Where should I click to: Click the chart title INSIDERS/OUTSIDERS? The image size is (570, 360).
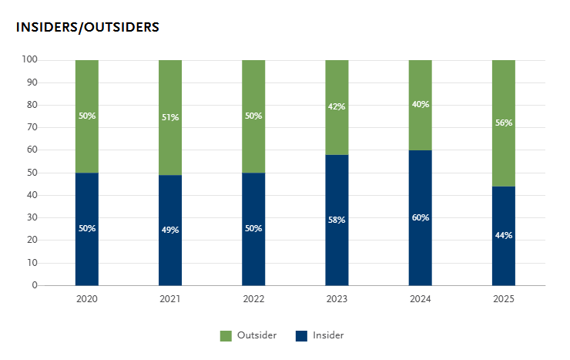tap(87, 27)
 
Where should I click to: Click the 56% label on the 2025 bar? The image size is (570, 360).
tap(504, 123)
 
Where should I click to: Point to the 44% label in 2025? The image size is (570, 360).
tap(504, 235)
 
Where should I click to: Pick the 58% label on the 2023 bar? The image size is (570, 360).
tap(337, 220)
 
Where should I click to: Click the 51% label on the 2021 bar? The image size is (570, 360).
tap(170, 117)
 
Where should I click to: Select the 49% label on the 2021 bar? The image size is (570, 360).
tap(170, 230)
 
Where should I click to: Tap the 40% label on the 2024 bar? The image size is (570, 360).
tap(421, 104)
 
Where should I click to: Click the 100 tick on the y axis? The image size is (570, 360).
tap(30, 59)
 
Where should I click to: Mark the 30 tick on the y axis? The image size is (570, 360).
tap(32, 217)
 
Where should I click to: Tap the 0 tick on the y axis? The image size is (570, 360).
tap(35, 285)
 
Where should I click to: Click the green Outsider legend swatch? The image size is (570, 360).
tap(226, 335)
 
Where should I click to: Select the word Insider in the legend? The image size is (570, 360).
tap(328, 335)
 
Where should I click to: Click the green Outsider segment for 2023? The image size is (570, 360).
tap(337, 85)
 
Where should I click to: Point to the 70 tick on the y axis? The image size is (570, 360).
tap(32, 127)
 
